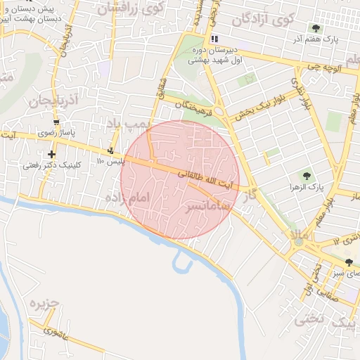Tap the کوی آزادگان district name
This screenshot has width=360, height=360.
tap(263, 19)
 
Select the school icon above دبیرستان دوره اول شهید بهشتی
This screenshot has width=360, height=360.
tap(214, 39)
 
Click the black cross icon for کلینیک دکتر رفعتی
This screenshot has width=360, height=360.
tap(51, 154)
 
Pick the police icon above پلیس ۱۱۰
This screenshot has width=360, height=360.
tap(110, 150)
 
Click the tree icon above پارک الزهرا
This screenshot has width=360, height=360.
tap(305, 176)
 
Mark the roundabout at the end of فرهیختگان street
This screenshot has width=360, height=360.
tap(220, 111)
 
